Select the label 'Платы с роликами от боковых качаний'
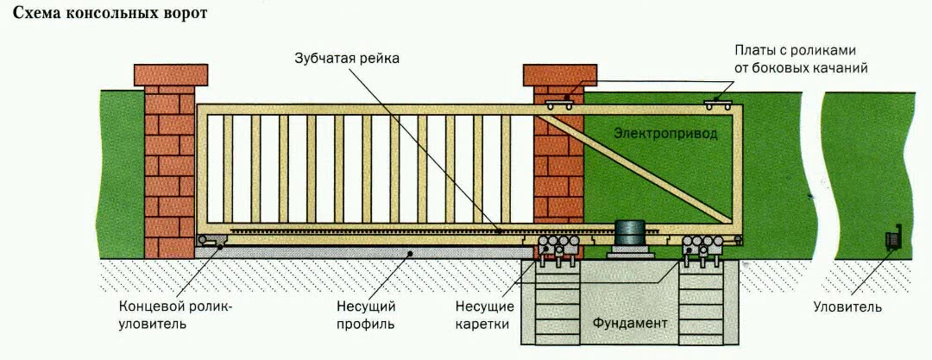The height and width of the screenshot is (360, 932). point(801,59)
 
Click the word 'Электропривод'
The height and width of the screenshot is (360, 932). point(664,134)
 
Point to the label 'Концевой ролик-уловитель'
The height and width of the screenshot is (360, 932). point(176,315)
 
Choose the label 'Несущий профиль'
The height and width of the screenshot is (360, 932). point(366,315)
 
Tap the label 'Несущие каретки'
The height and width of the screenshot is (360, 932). point(487,315)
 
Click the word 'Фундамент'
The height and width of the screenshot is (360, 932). point(630,322)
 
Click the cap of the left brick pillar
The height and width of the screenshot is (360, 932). point(171,74)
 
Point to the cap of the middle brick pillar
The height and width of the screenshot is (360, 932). point(559,74)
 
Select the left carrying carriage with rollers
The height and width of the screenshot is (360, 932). point(557,249)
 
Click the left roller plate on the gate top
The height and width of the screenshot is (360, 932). point(562,104)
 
